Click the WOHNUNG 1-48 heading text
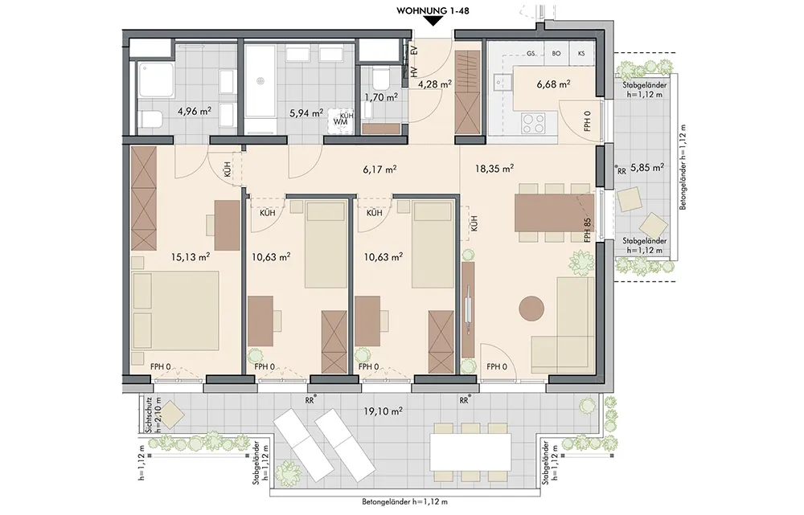tap(433, 9)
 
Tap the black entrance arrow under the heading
tap(434, 21)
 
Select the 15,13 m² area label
tap(191, 257)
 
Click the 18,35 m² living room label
tap(494, 168)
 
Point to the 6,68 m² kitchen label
tap(554, 84)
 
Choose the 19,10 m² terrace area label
tap(383, 411)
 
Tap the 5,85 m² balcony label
tap(647, 167)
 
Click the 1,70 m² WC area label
tap(381, 97)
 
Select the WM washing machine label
tap(340, 122)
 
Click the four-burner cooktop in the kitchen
tap(533, 123)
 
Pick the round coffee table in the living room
tap(531, 309)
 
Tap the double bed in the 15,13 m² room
tap(175, 311)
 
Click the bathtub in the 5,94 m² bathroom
tap(260, 88)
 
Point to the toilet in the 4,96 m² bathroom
tap(151, 120)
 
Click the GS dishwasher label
tap(531, 53)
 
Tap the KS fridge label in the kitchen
tap(581, 53)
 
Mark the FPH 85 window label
tap(588, 231)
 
